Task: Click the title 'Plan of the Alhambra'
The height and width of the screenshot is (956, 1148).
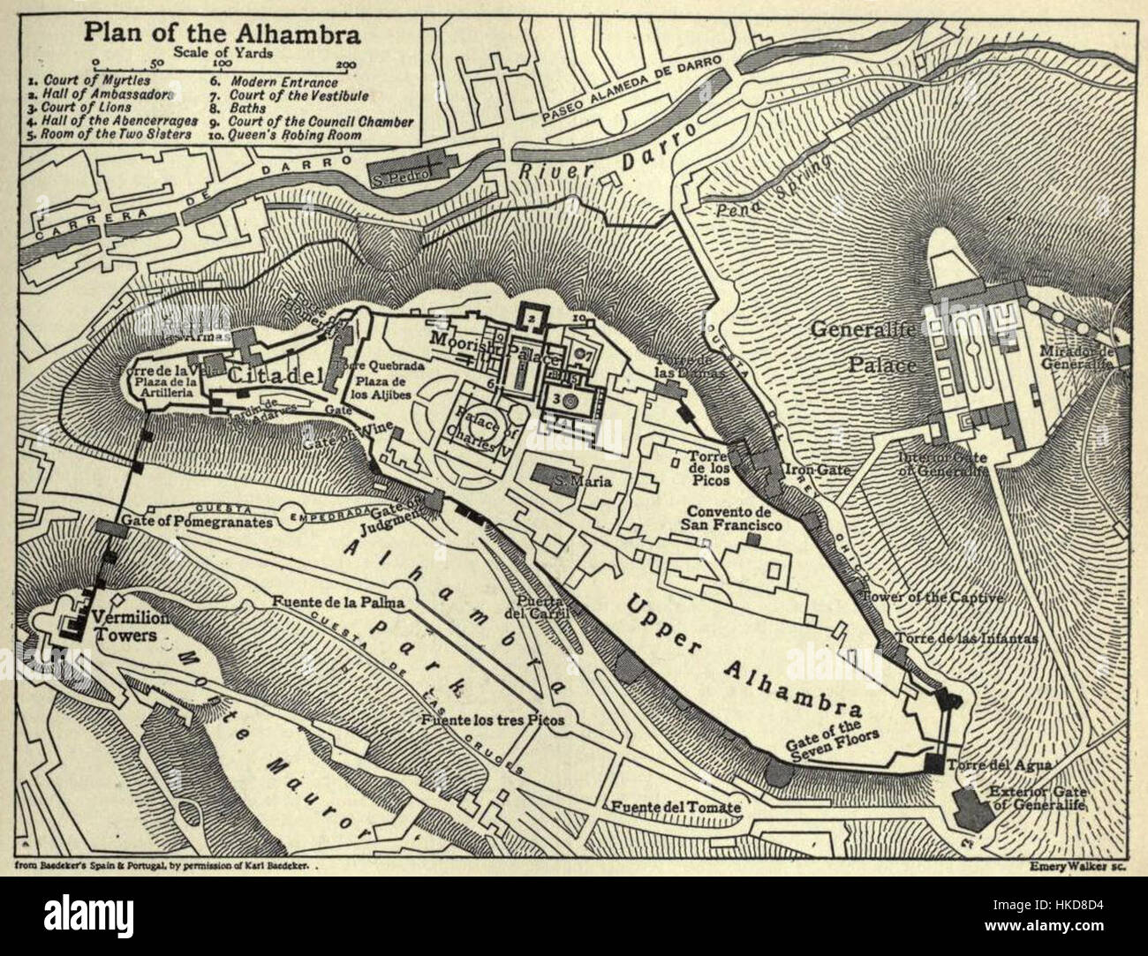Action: click(x=222, y=35)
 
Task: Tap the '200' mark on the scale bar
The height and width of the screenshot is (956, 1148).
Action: click(x=347, y=64)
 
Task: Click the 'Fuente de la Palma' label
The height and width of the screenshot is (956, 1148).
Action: click(x=338, y=603)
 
